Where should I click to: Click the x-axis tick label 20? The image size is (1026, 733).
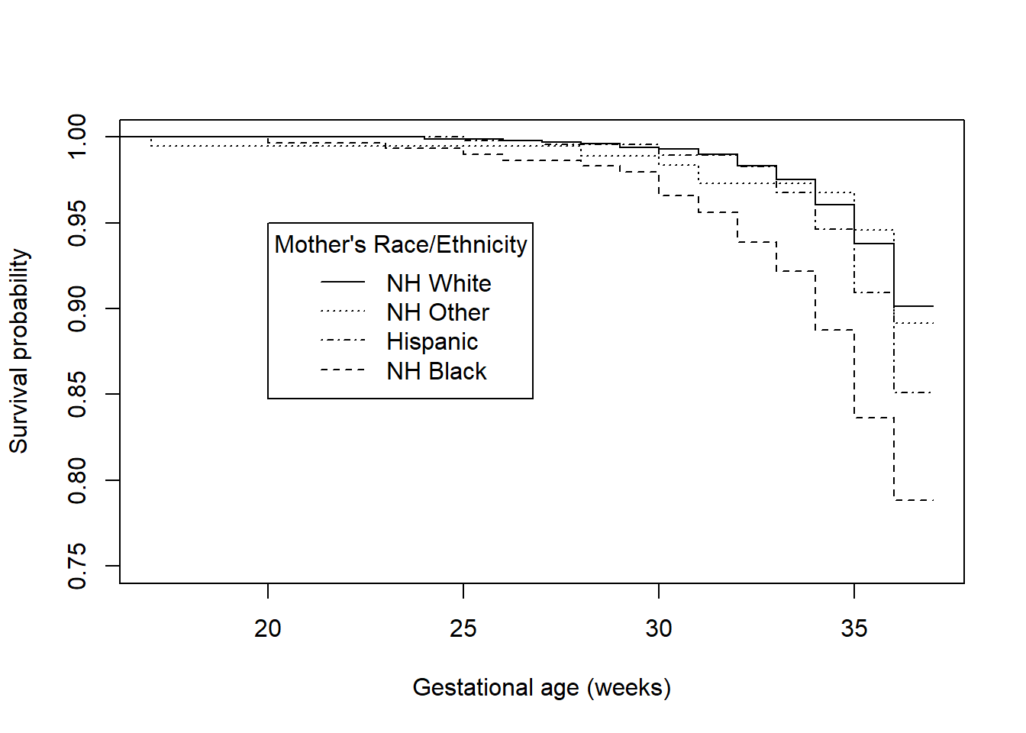click(267, 628)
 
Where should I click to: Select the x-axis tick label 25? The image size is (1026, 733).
click(463, 628)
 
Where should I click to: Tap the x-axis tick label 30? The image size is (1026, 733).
click(658, 628)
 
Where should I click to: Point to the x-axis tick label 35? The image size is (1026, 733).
click(853, 628)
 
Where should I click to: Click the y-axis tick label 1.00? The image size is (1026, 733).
click(78, 137)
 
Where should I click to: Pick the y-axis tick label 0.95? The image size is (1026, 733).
click(78, 223)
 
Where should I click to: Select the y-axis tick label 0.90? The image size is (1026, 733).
click(78, 308)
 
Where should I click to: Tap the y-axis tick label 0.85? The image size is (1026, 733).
click(78, 394)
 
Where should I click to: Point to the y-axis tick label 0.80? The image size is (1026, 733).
click(78, 480)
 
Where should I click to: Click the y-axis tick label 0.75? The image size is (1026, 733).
click(78, 566)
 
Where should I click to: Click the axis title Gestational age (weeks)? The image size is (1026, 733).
click(541, 687)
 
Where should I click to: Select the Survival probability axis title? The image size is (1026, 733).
click(19, 351)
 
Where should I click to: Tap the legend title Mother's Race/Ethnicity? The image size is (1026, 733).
click(401, 244)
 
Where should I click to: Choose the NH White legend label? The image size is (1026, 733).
click(438, 283)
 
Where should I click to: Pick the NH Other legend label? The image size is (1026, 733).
click(437, 312)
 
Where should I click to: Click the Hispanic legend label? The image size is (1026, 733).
click(432, 341)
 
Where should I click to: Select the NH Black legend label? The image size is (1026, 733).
click(436, 371)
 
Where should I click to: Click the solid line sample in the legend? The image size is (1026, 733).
click(343, 283)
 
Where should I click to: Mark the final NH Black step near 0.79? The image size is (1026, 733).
click(913, 500)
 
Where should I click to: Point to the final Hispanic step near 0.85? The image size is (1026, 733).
click(913, 392)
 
